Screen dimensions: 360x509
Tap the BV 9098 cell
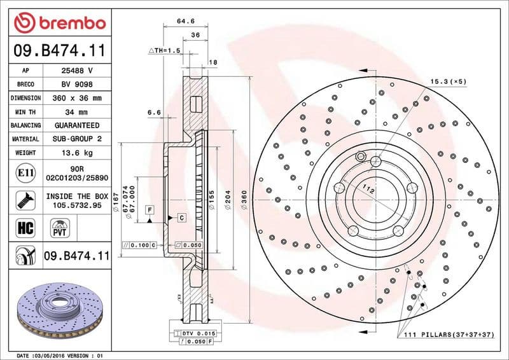[78, 85]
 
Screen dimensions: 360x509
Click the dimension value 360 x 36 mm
[78, 98]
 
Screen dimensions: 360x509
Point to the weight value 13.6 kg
[78, 153]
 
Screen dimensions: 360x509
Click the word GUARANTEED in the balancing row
[78, 125]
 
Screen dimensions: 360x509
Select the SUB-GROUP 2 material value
[78, 139]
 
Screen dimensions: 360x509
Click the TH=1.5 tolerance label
[165, 50]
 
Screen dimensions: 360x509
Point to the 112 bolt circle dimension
[367, 189]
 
